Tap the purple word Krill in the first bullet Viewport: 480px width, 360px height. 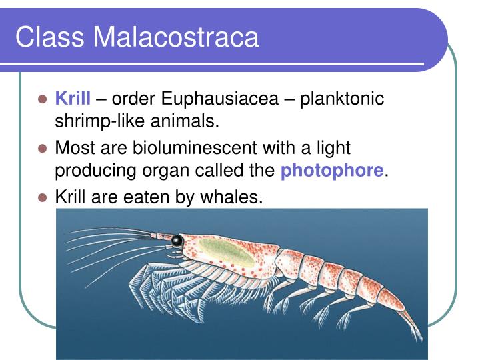(x=72, y=99)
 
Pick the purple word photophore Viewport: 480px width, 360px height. (x=332, y=171)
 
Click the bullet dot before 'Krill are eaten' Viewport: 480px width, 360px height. (x=43, y=198)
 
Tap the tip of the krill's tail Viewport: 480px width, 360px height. (x=419, y=337)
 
